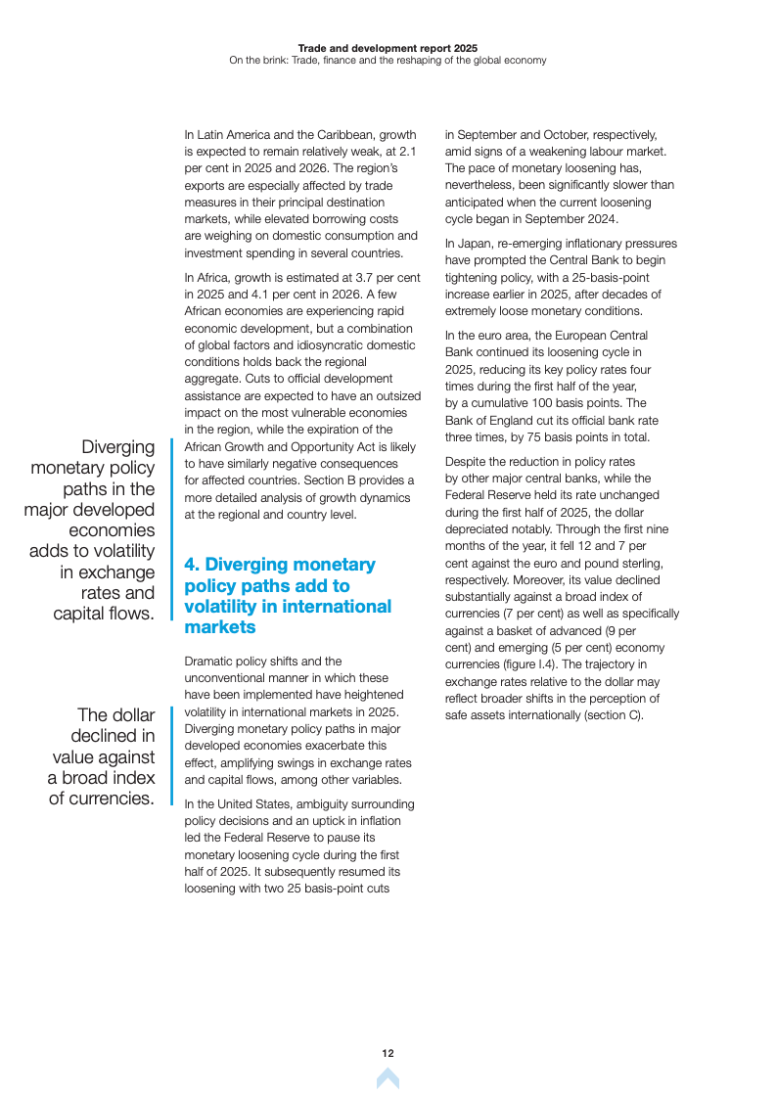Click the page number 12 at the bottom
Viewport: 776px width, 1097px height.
coord(388,1053)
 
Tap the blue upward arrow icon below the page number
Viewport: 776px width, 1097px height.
coord(388,1078)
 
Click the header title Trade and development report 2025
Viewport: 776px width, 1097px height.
coord(388,47)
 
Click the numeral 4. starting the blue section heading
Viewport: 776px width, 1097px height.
coord(193,565)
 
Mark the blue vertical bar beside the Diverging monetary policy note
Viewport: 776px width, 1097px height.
coord(172,529)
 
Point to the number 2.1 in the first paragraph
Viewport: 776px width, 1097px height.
coord(408,152)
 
